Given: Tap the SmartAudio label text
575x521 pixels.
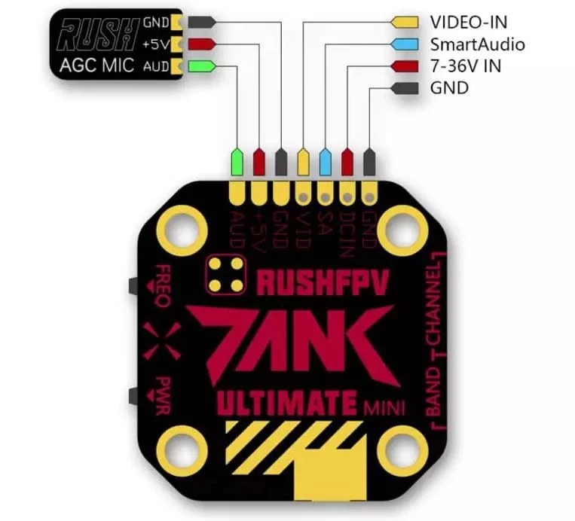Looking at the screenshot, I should (x=477, y=44).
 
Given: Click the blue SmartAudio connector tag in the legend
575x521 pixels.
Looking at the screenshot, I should (x=405, y=44).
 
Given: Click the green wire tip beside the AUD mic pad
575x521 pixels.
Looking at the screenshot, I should (x=202, y=66).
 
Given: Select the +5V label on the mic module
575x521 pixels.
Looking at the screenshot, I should (x=155, y=44).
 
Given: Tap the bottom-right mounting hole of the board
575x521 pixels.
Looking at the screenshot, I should (x=402, y=449).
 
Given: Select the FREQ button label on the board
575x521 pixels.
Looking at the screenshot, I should (x=162, y=286).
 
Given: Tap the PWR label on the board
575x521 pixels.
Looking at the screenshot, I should (x=164, y=389).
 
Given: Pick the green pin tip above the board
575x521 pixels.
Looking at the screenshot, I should (x=237, y=160).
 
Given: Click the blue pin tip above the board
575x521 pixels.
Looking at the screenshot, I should (x=325, y=160).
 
